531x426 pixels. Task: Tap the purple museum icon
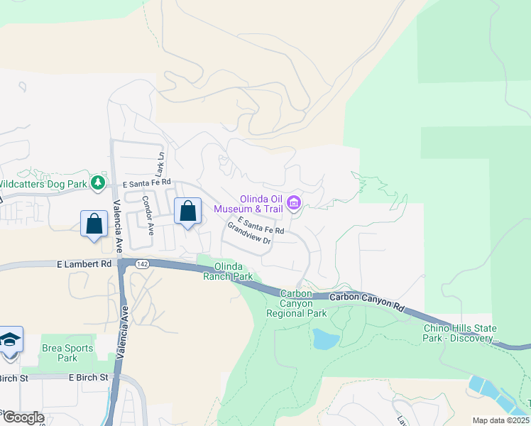click(293, 204)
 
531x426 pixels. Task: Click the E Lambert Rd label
click(84, 264)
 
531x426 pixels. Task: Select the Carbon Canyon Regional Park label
click(296, 303)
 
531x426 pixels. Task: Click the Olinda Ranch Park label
click(234, 271)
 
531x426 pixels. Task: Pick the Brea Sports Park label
click(67, 353)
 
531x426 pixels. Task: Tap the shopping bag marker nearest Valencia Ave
click(94, 224)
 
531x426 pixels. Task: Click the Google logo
click(23, 417)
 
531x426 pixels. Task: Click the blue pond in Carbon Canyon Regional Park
click(325, 339)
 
